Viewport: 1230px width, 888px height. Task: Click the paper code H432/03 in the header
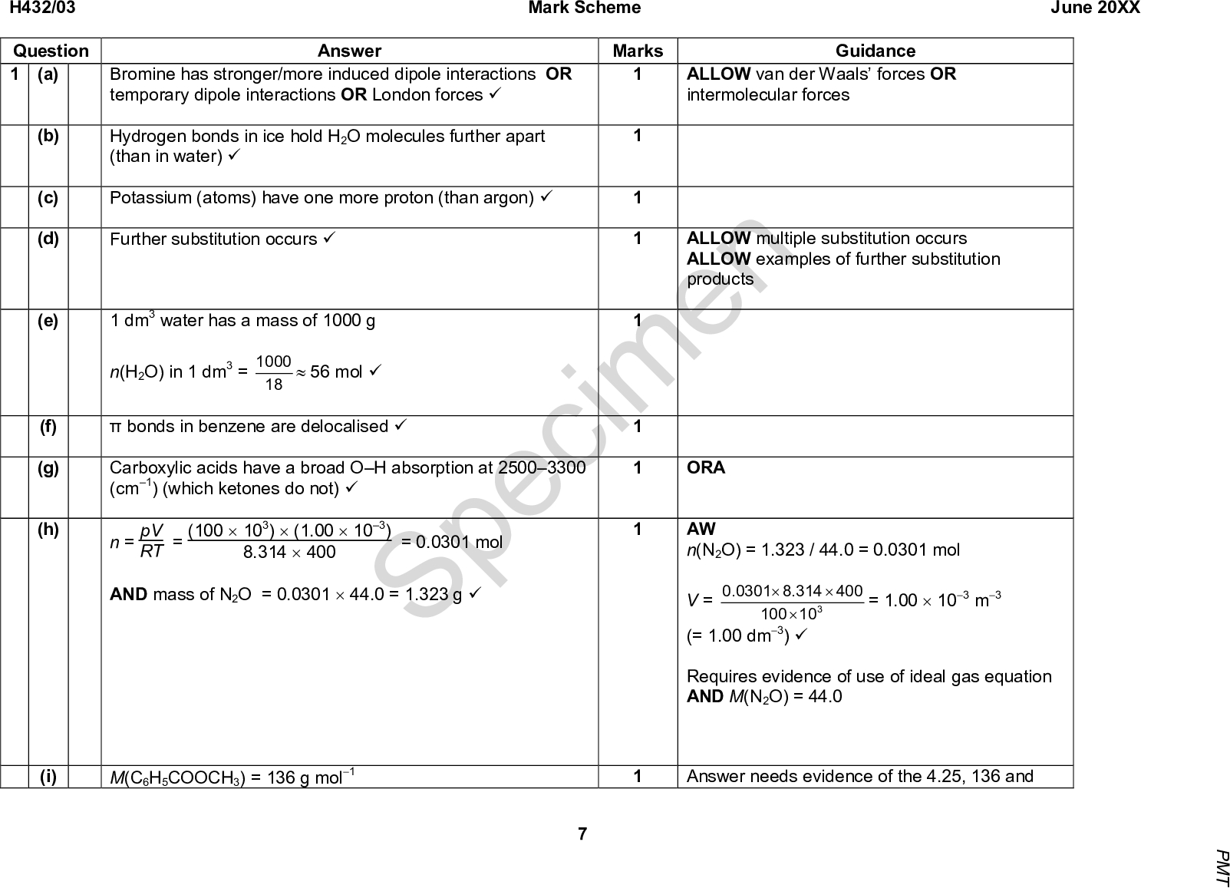(38, 8)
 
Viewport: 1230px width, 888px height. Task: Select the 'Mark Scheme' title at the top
(585, 8)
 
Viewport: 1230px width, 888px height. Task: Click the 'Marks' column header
(638, 51)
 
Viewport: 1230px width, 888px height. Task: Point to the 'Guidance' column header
(876, 51)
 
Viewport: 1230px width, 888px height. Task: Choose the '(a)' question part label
(48, 74)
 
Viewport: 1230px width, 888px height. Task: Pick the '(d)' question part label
(48, 239)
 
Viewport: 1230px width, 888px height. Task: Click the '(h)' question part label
(48, 529)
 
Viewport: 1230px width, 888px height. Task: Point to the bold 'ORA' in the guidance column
(706, 468)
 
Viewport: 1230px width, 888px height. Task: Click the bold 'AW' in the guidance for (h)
(701, 529)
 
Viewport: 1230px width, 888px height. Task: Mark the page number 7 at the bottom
(582, 834)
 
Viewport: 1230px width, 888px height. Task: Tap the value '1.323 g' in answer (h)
(434, 595)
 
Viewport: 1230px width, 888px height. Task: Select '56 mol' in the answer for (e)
(336, 372)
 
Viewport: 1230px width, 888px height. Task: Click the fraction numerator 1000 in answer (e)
(273, 361)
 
